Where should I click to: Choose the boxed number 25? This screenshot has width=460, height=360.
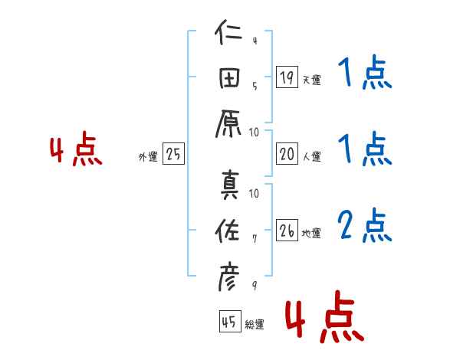(173, 154)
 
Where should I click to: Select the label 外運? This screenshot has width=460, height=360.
(148, 157)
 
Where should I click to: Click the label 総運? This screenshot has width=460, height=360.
(254, 325)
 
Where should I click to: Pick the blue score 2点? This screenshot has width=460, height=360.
(364, 226)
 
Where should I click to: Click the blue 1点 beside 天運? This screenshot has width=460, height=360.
(364, 74)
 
